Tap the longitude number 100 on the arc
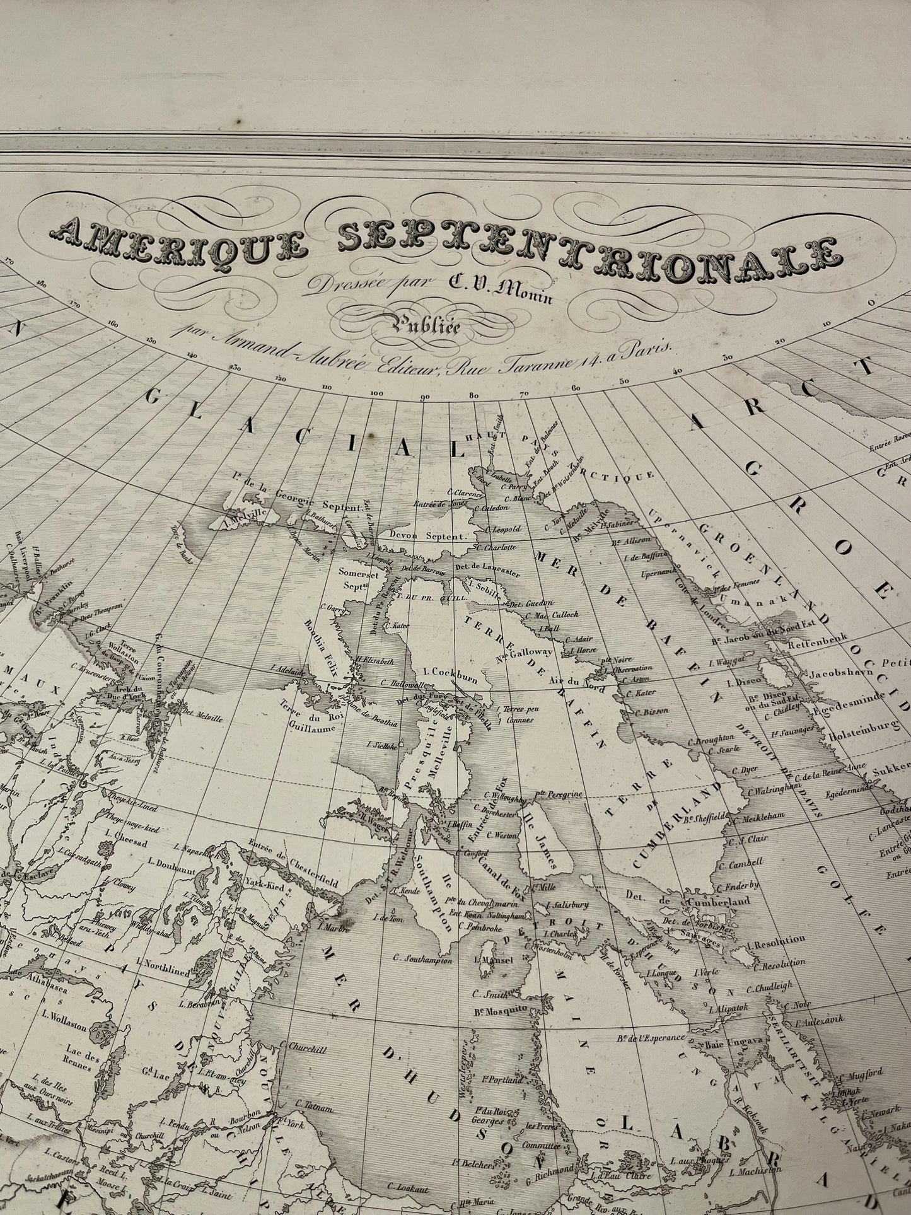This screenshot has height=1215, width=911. [x=376, y=394]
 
